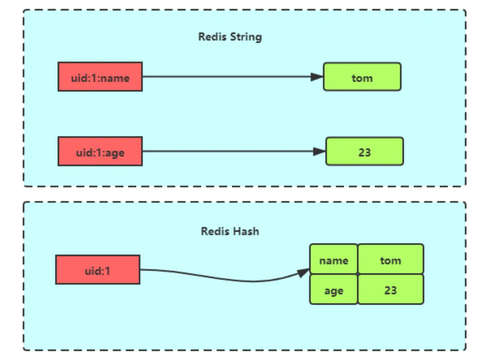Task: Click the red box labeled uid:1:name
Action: click(x=100, y=77)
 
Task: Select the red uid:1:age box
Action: click(x=100, y=151)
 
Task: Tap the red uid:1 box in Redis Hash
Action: click(x=98, y=270)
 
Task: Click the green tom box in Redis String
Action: click(x=362, y=77)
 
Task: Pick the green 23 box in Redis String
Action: click(x=364, y=151)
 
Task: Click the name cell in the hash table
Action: click(x=333, y=259)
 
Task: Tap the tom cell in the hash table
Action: click(x=390, y=259)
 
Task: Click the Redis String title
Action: click(x=230, y=36)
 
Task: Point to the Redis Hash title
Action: click(x=230, y=231)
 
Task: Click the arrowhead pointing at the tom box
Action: click(x=317, y=77)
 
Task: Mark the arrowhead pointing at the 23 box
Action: click(x=319, y=151)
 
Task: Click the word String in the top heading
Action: click(x=246, y=37)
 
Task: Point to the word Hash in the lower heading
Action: click(x=247, y=231)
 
